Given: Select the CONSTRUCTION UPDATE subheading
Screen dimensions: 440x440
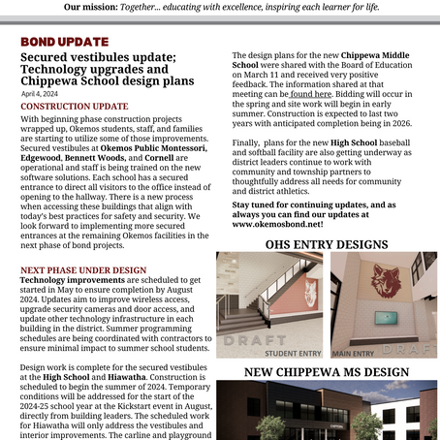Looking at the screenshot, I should (74, 105).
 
